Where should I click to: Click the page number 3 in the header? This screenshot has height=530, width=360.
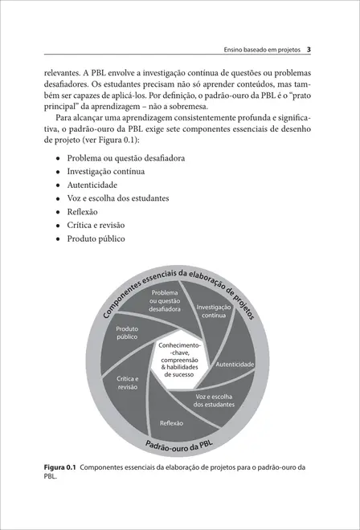pyautogui.click(x=309, y=49)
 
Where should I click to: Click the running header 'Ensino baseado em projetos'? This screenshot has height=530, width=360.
pyautogui.click(x=261, y=50)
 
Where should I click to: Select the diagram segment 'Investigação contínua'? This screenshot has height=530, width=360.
pyautogui.click(x=213, y=312)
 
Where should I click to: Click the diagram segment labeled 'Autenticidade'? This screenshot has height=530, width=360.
pyautogui.click(x=235, y=365)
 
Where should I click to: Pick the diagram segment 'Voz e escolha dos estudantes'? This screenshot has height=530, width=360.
pyautogui.click(x=215, y=401)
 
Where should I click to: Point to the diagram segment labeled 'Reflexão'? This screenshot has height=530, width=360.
pyautogui.click(x=172, y=422)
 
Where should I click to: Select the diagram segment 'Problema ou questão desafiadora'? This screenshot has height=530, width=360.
pyautogui.click(x=165, y=302)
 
